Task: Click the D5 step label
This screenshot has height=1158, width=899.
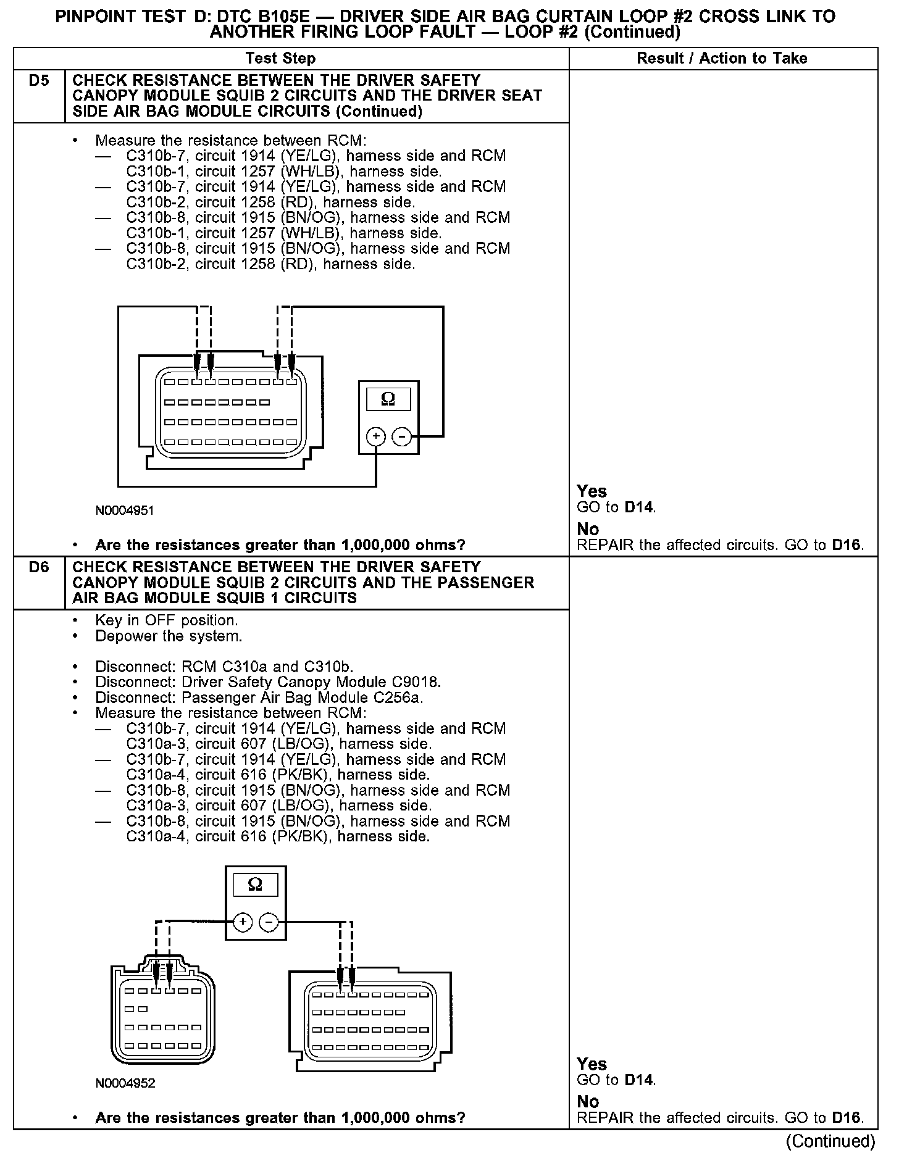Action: pos(38,81)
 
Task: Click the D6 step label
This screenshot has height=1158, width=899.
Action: pos(38,567)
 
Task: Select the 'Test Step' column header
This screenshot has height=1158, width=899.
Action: pos(280,59)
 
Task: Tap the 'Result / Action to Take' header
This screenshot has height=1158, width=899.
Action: pos(722,59)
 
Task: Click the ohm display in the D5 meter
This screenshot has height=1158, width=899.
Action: pos(388,399)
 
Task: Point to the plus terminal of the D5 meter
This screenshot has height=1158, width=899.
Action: pos(375,437)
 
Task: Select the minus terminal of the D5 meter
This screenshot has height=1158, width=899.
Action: pos(402,437)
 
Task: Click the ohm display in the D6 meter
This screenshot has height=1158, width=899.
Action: pos(255,885)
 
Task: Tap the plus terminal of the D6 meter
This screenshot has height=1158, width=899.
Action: pos(243,922)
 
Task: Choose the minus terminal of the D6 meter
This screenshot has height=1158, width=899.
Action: pos(269,922)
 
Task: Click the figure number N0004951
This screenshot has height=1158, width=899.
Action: pos(125,511)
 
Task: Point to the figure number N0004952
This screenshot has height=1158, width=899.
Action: pos(125,1083)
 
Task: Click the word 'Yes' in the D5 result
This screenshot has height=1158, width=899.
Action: pos(592,491)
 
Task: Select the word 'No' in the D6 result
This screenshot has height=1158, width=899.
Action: pos(588,1102)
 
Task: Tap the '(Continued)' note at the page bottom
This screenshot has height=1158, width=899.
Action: pos(831,1141)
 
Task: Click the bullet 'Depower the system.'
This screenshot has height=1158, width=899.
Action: pos(169,636)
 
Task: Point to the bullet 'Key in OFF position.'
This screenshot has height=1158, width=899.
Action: pos(166,620)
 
